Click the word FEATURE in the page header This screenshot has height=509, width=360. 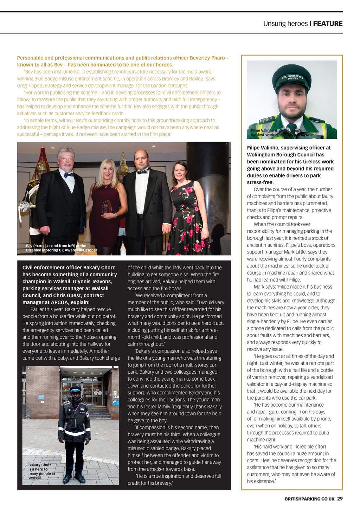[x=328, y=24]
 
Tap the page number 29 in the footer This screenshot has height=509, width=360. [x=340, y=498]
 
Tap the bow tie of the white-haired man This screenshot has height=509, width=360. [x=69, y=175]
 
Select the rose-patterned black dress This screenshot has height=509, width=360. [x=188, y=218]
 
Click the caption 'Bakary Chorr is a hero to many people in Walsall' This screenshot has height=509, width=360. [x=41, y=471]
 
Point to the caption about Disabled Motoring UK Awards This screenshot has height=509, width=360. [x=61, y=248]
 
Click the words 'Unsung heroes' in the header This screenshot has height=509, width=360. [x=285, y=24]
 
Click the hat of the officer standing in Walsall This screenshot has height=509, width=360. [x=75, y=389]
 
